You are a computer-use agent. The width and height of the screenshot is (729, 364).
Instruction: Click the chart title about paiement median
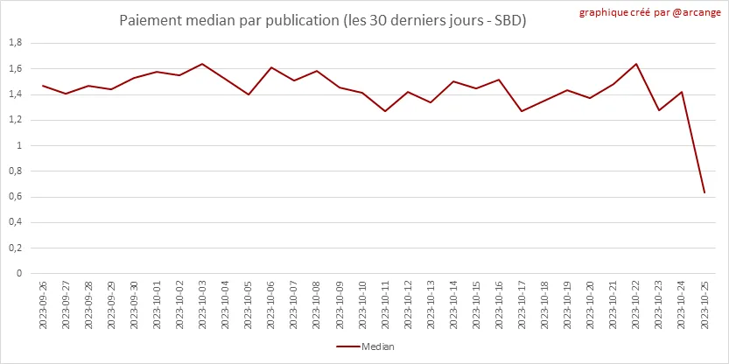pyautogui.click(x=323, y=19)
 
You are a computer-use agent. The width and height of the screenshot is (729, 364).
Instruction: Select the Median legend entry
pyautogui.click(x=365, y=346)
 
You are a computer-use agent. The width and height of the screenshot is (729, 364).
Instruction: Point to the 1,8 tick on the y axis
pyautogui.click(x=15, y=43)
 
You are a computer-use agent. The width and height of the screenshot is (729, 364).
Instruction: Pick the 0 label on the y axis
pyautogui.click(x=19, y=274)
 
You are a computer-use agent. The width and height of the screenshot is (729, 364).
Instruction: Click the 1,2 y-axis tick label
pyautogui.click(x=15, y=120)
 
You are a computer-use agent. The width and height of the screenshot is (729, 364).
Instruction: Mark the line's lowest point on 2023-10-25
pyautogui.click(x=704, y=192)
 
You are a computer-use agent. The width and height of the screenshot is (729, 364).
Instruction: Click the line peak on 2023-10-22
pyautogui.click(x=635, y=64)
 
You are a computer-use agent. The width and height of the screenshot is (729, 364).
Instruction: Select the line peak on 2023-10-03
pyautogui.click(x=202, y=64)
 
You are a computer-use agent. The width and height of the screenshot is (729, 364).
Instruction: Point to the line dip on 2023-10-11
pyautogui.click(x=384, y=111)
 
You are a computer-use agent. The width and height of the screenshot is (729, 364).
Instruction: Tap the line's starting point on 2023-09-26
pyautogui.click(x=43, y=86)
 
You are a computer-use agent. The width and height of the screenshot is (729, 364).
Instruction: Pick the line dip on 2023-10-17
pyautogui.click(x=522, y=111)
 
